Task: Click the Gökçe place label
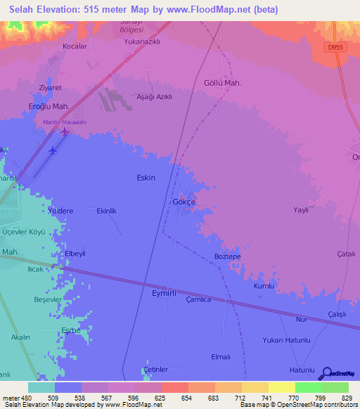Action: (x=184, y=202)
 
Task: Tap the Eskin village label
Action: (x=146, y=178)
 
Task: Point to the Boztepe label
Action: (x=228, y=257)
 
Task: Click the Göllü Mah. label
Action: (x=222, y=83)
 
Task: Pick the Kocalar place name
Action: (x=75, y=46)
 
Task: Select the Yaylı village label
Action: (x=301, y=209)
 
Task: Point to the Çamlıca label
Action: (x=198, y=299)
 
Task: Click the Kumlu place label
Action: (x=263, y=287)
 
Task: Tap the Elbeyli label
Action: (x=75, y=253)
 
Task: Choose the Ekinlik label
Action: (x=106, y=210)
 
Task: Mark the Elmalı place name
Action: (x=220, y=357)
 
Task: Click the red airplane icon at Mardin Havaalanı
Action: (x=65, y=131)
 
